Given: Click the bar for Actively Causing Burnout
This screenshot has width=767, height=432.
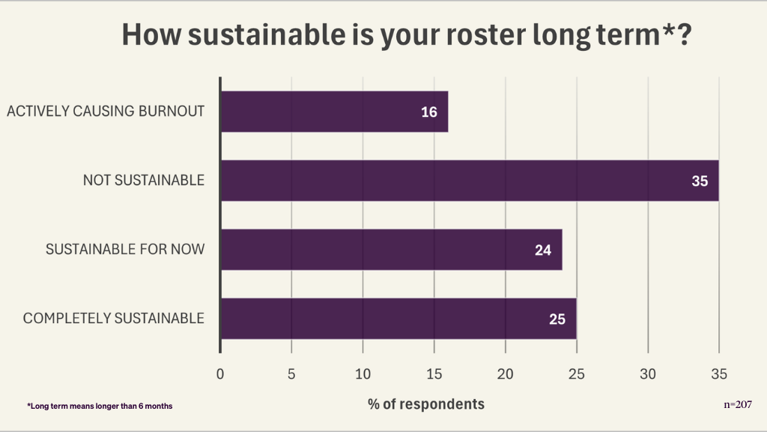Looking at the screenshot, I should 334,112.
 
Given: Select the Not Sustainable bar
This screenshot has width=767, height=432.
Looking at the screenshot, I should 470,181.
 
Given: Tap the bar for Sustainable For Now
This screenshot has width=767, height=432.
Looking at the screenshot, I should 391,250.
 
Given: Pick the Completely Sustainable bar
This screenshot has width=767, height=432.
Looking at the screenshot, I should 398,319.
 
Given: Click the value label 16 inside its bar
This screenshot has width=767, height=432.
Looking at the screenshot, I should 428,112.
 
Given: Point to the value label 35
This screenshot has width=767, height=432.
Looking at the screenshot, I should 700,181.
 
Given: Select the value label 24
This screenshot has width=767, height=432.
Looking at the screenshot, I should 543,250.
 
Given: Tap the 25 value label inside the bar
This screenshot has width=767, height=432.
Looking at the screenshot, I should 557,319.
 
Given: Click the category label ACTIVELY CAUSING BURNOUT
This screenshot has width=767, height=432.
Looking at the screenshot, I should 106,112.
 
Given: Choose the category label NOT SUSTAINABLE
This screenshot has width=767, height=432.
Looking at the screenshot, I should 144,181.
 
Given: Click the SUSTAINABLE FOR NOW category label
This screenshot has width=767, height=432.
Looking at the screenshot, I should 125,250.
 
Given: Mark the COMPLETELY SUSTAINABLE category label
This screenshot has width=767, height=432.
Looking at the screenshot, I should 114,319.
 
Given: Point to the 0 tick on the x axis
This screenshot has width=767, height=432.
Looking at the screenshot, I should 220,373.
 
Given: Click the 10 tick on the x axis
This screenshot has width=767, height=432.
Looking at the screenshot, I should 363,373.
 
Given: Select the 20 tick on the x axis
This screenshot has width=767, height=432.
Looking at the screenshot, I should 506,373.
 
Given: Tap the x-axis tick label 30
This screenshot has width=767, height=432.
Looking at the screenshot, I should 648,373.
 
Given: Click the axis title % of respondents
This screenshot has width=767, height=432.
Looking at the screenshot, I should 426,404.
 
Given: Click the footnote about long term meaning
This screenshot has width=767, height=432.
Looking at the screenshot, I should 100,406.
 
